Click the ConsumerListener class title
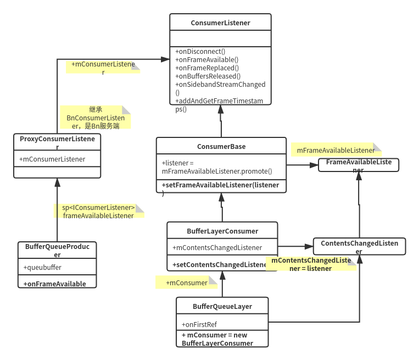coord(220,23)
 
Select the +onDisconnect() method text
coord(200,51)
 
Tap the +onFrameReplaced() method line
coord(207,68)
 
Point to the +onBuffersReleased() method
coord(208,76)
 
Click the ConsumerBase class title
coord(221,147)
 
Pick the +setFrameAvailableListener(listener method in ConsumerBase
coord(220,185)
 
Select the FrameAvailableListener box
coord(359,165)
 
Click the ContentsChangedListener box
coord(359,246)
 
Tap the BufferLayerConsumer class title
coord(222,231)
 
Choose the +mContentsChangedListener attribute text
coord(217,248)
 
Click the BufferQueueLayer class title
coord(222,307)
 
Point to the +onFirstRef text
coord(199,324)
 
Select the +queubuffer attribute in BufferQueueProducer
coord(42,267)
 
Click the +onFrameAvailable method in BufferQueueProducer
coord(55,284)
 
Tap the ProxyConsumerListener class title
coord(57,142)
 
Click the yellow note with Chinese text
coord(96,118)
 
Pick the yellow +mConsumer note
coord(187,283)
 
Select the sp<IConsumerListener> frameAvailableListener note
coord(99,211)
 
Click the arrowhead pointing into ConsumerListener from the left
coord(165,59)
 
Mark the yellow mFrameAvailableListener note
coord(336,150)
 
